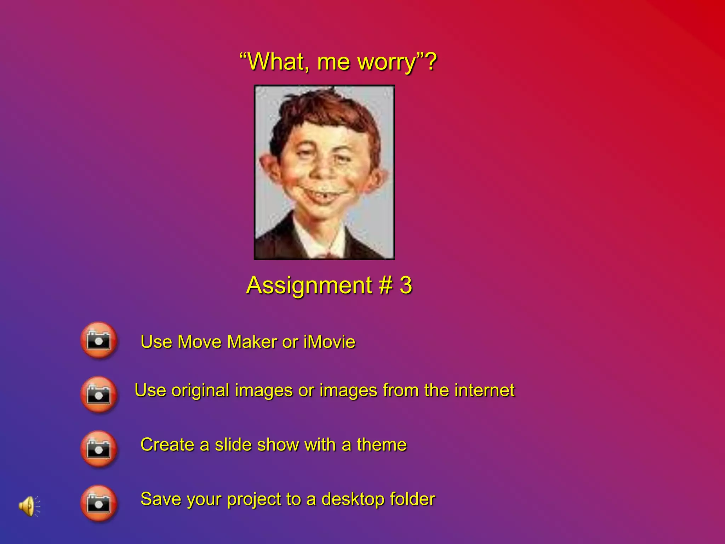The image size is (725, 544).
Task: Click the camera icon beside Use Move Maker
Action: point(99,340)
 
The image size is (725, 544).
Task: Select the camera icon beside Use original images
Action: point(99,395)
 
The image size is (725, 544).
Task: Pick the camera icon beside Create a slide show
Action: point(99,449)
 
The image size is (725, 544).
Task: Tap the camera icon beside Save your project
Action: point(99,503)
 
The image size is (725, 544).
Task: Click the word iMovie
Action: point(329,342)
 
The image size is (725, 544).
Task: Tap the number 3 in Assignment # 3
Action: point(406,285)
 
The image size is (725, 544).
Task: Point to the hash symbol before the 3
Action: point(386,285)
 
